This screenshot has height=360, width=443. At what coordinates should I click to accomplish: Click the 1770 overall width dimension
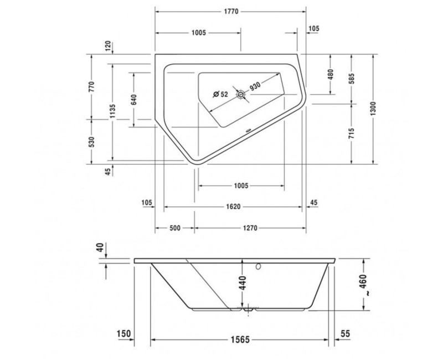pos(230,12)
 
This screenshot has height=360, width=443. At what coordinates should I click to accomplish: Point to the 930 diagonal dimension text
pos(255,87)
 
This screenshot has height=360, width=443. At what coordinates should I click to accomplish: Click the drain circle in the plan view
pos(241,95)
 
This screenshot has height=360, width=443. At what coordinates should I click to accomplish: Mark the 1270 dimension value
pos(250,228)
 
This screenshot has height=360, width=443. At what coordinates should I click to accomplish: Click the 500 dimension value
pos(175,228)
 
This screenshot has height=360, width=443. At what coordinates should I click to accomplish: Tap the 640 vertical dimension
pos(133,100)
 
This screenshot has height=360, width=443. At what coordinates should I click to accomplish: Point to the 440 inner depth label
pos(243,286)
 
